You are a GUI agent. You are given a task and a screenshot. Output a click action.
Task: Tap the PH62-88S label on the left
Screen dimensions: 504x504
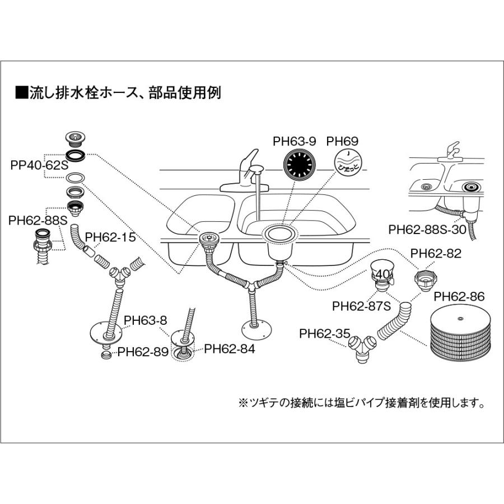(38, 221)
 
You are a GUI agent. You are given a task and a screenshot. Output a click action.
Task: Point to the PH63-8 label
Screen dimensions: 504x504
(146, 320)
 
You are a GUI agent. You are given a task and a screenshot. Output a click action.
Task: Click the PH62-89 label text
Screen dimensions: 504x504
(142, 352)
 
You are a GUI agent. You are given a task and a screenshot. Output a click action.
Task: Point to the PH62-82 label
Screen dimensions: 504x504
(436, 254)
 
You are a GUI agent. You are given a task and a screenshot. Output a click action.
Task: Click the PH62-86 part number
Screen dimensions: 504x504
(459, 296)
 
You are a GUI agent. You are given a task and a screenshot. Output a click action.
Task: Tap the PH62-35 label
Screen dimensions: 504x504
(324, 333)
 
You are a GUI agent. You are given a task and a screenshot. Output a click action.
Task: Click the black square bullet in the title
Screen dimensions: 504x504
(21, 92)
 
